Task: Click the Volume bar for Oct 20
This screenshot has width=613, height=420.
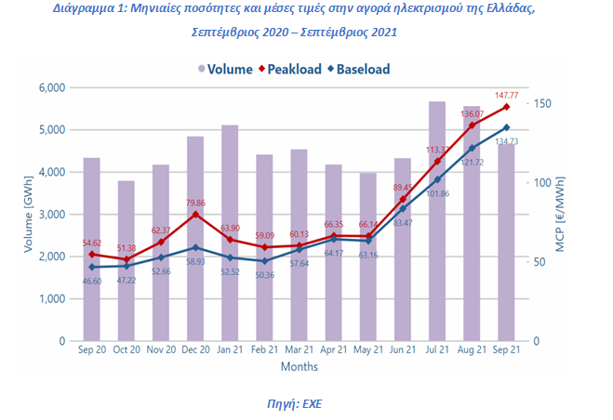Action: tap(127, 260)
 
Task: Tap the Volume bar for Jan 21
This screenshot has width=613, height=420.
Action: tap(230, 232)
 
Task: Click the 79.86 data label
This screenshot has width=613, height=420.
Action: tap(195, 202)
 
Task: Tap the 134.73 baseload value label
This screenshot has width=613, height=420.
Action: tap(506, 141)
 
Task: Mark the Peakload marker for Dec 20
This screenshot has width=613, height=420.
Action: tap(195, 215)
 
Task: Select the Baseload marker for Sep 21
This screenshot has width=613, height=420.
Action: tap(506, 127)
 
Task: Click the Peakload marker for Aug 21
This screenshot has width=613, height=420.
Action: tap(472, 125)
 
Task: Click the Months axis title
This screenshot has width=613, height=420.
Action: tap(300, 368)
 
